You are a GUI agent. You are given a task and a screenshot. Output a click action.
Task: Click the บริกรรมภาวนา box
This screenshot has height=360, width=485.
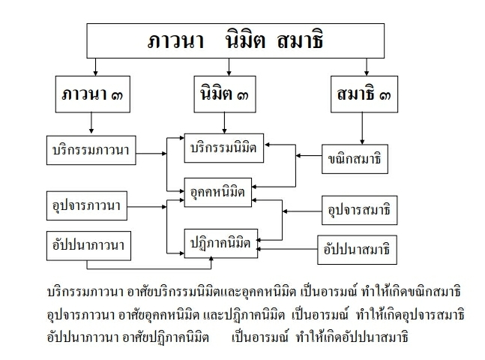(x=88, y=150)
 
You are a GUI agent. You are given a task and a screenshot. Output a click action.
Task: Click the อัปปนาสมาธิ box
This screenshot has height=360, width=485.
(x=356, y=247)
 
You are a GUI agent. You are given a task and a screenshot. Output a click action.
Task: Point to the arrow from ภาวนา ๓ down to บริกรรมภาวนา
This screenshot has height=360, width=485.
(x=90, y=122)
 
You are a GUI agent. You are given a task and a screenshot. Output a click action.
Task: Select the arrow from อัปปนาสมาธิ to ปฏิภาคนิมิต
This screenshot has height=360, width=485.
(x=286, y=248)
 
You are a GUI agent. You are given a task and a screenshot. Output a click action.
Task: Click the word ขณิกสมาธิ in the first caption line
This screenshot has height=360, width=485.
(x=426, y=289)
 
